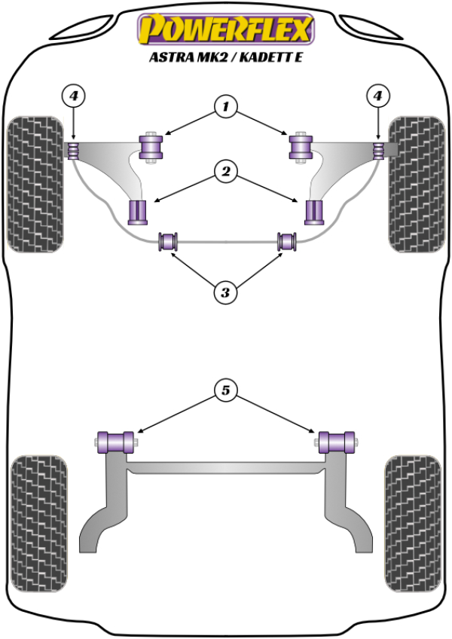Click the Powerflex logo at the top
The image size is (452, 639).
point(225,31)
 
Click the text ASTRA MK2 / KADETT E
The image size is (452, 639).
point(225,58)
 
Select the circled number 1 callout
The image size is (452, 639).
point(224,108)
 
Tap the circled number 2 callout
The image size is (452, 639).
point(224,173)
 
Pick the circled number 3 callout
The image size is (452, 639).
point(224,292)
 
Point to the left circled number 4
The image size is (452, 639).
point(73,96)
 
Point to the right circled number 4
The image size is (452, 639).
point(377,96)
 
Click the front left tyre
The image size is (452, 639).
point(34,184)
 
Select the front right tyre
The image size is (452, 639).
point(416,184)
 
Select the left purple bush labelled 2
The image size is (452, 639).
point(138,212)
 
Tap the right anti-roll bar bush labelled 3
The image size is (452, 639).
point(287,242)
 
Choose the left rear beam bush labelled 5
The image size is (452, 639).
point(116,441)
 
